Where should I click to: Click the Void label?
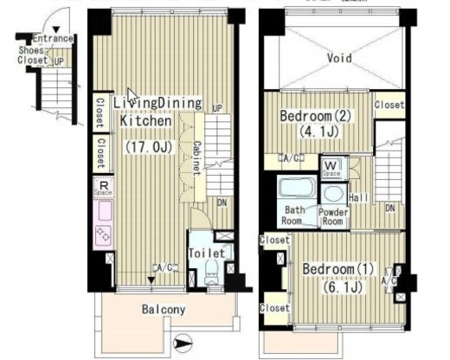[x=339, y=58]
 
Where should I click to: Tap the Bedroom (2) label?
[x=316, y=116]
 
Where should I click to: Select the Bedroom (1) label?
[x=338, y=269]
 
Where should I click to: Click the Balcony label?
[x=164, y=310]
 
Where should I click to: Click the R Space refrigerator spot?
[x=103, y=188]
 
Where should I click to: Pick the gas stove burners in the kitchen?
[x=103, y=235]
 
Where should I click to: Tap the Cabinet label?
[x=196, y=158]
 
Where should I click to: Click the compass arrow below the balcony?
[x=183, y=344]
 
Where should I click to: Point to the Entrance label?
[x=53, y=38]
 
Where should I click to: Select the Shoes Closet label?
[x=32, y=55]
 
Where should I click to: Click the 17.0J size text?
[x=149, y=147]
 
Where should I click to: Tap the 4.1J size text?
[x=318, y=132]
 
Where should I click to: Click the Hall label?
[x=358, y=197]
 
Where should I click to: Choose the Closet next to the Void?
[x=389, y=105]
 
